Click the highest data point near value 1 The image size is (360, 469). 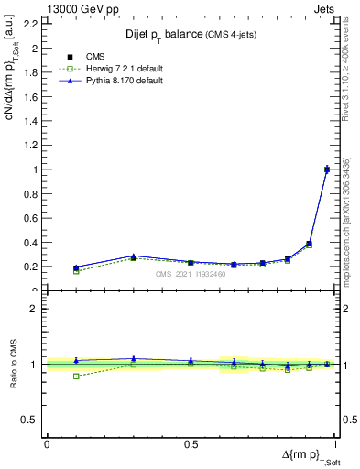pos(328,169)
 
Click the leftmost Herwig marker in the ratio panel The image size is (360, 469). pos(76,376)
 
